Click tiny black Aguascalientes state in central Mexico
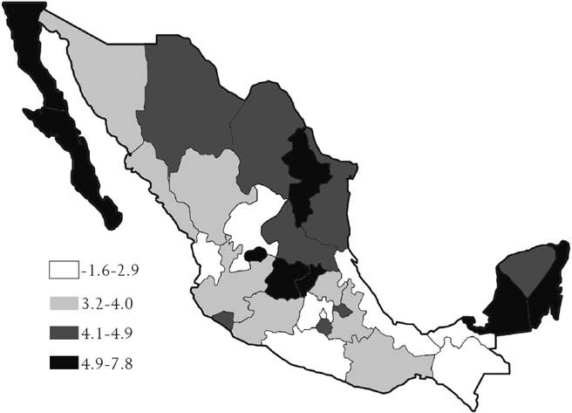(x=255, y=254)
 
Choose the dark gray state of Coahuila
(x=262, y=140)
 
